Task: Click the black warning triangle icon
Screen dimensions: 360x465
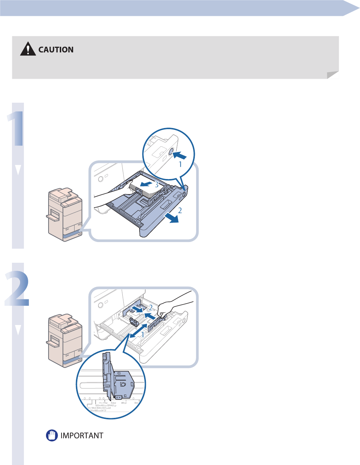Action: (x=28, y=49)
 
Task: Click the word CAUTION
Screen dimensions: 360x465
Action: (x=56, y=50)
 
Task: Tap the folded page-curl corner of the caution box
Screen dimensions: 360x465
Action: (x=333, y=75)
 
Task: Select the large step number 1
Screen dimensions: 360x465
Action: (x=16, y=128)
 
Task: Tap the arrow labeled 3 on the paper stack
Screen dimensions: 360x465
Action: (x=146, y=184)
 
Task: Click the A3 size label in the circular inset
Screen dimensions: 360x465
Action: (x=113, y=403)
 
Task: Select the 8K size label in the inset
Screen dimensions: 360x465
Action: (x=123, y=403)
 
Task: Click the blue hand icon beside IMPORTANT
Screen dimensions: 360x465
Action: (x=52, y=435)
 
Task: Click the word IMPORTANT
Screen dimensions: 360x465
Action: (x=82, y=435)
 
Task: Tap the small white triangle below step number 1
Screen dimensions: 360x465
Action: (x=18, y=170)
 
